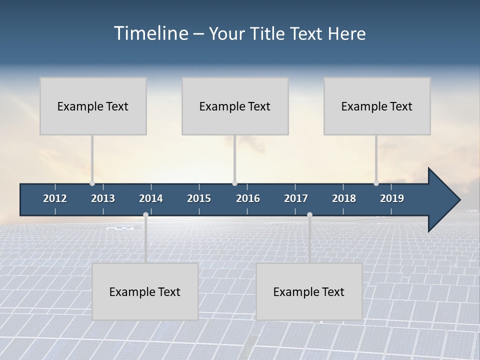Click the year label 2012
pyautogui.click(x=55, y=198)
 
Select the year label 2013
pyautogui.click(x=103, y=198)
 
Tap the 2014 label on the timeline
pyautogui.click(x=151, y=198)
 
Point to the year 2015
pyautogui.click(x=199, y=198)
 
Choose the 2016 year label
pyautogui.click(x=248, y=198)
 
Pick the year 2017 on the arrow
pyautogui.click(x=296, y=198)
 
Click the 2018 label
pyautogui.click(x=344, y=198)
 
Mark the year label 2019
pyautogui.click(x=392, y=198)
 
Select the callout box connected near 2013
pyautogui.click(x=93, y=106)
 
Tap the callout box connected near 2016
pyautogui.click(x=235, y=106)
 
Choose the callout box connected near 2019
pyautogui.click(x=377, y=106)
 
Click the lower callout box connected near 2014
pyautogui.click(x=145, y=291)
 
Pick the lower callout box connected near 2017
pyautogui.click(x=309, y=291)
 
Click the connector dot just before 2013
pyautogui.click(x=92, y=183)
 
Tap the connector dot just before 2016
pyautogui.click(x=235, y=183)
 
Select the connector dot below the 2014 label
pyautogui.click(x=145, y=215)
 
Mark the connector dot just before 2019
pyautogui.click(x=376, y=183)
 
